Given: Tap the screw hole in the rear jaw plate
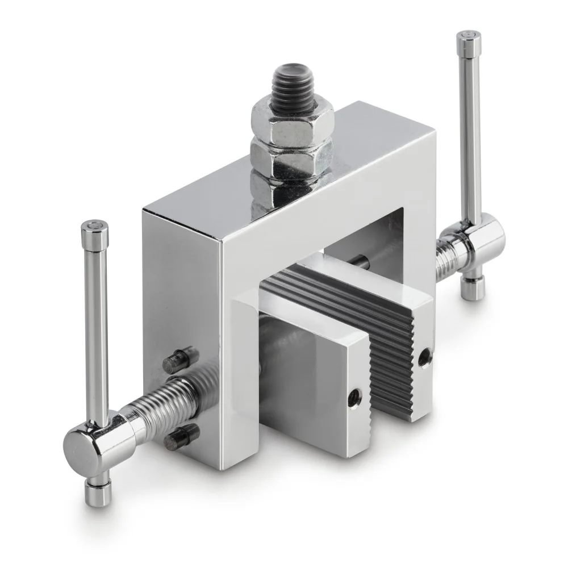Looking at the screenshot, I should pos(423,358).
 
